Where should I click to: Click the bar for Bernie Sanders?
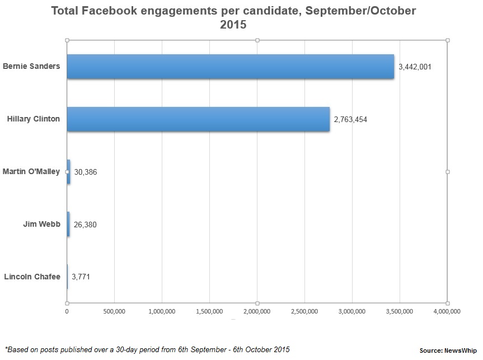pos(230,67)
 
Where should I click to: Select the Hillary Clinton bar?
pos(198,119)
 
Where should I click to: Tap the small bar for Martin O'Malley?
pos(68,172)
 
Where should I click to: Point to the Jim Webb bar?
pos(68,224)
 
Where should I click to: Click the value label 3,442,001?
pos(415,67)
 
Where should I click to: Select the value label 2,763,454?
pos(350,119)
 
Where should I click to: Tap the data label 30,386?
pos(85,172)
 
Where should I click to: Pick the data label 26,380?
pos(85,225)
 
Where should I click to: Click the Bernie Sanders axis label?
pos(31,66)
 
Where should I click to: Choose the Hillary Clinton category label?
pos(33,119)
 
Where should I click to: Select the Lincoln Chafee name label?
pos(32,277)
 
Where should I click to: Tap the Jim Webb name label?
pos(41,224)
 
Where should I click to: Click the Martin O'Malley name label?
pos(31,171)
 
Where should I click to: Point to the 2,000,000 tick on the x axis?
pos(257,311)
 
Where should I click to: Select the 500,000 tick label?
pos(114,311)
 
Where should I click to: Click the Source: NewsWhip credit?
pos(448,350)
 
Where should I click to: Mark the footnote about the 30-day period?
pos(147,349)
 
